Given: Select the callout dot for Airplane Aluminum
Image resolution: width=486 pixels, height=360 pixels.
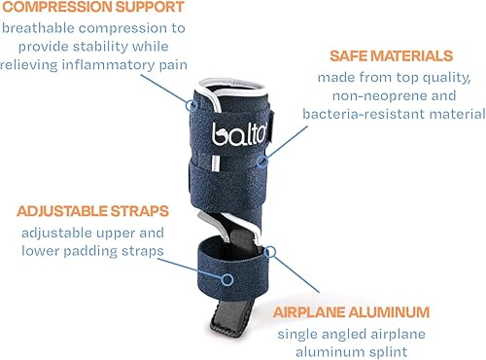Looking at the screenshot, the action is (x=270, y=250).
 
